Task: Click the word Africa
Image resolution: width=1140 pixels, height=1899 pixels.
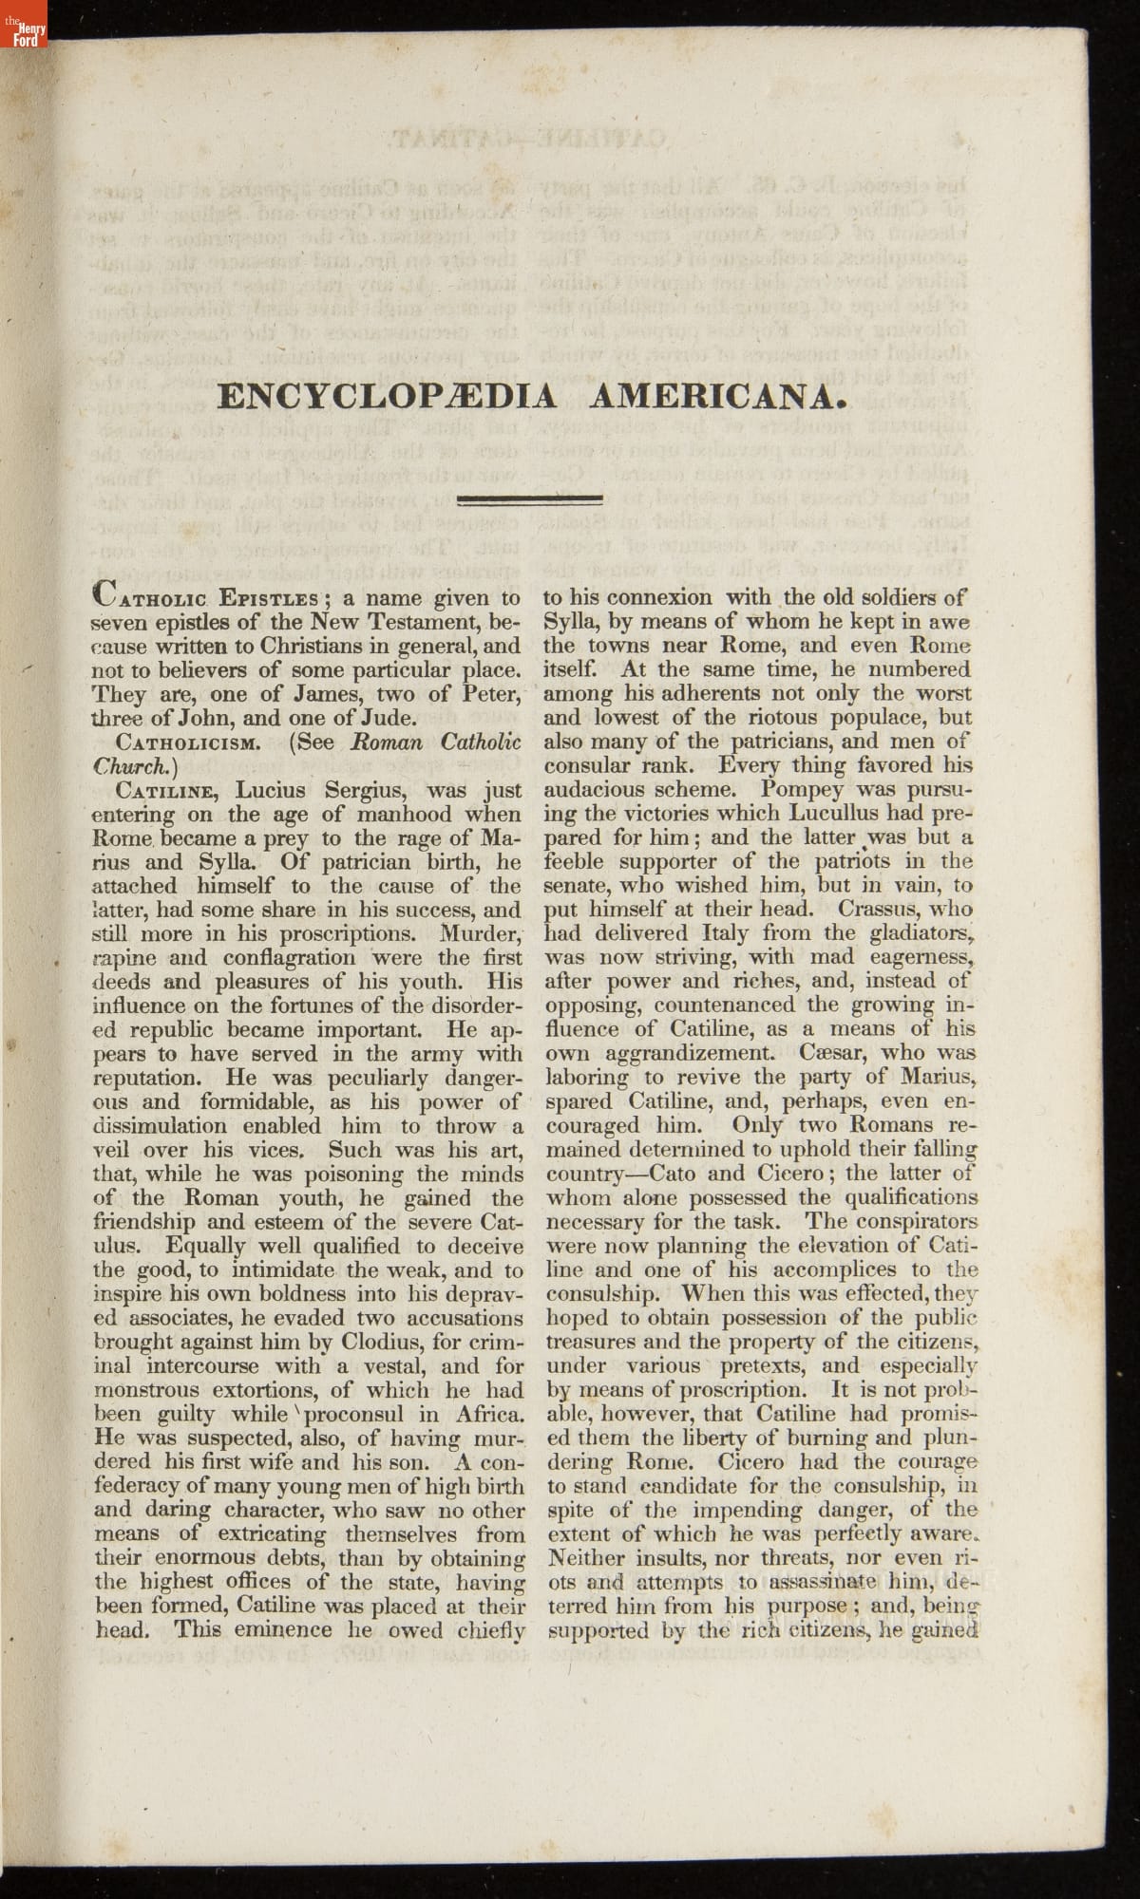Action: (490, 1415)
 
